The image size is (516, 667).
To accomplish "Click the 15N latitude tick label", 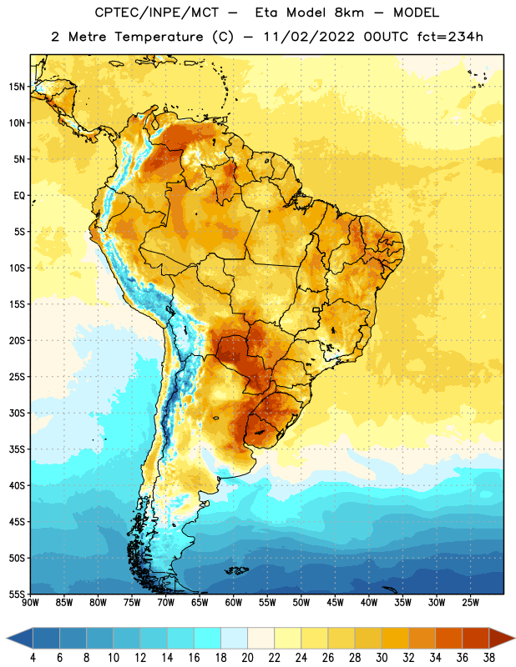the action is pyautogui.click(x=17, y=87).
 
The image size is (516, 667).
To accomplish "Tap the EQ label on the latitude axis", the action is pyautogui.click(x=19, y=196).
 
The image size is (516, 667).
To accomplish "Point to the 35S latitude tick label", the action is pyautogui.click(x=17, y=449).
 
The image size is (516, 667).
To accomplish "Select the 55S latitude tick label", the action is pyautogui.click(x=17, y=594).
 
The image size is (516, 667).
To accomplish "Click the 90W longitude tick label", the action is pyautogui.click(x=30, y=603).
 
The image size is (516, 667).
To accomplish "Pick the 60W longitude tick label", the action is pyautogui.click(x=234, y=603).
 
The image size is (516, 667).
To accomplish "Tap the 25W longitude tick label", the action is pyautogui.click(x=470, y=603).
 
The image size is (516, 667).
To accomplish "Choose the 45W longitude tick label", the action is pyautogui.click(x=335, y=603).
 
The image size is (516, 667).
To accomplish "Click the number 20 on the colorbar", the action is pyautogui.click(x=247, y=658).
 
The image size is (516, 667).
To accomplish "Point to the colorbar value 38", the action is pyautogui.click(x=489, y=658).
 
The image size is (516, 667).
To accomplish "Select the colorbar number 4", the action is pyautogui.click(x=33, y=658).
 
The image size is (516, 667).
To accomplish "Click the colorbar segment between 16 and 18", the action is pyautogui.click(x=208, y=638).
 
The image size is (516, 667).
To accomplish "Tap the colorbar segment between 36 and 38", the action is pyautogui.click(x=476, y=638).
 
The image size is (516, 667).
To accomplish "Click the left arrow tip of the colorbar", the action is pyautogui.click(x=7, y=638).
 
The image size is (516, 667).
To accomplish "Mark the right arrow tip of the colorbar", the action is pyautogui.click(x=515, y=638).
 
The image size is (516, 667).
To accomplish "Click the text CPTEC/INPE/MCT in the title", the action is pyautogui.click(x=156, y=13).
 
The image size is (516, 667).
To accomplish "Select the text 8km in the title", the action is pyautogui.click(x=349, y=13).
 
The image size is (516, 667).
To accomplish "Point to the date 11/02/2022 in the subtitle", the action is pyautogui.click(x=309, y=37).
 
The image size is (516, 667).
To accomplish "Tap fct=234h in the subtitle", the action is pyautogui.click(x=450, y=37).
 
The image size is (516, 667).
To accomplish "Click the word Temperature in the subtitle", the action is pyautogui.click(x=159, y=37).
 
